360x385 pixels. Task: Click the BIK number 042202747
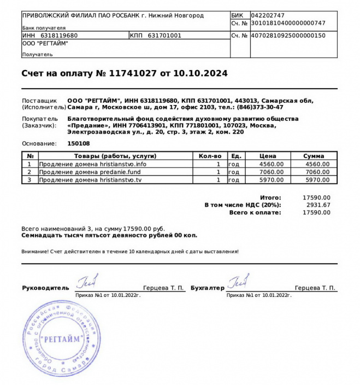click(x=268, y=15)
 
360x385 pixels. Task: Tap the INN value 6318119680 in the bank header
click(x=59, y=36)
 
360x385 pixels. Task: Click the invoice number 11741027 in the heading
click(x=133, y=73)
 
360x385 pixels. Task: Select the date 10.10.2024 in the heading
click(x=200, y=73)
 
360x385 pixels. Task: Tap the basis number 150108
click(x=78, y=143)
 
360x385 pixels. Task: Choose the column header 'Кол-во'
click(x=210, y=156)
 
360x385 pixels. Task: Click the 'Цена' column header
click(x=272, y=156)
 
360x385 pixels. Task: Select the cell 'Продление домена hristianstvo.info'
click(x=93, y=164)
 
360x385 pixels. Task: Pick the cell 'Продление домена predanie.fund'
click(x=90, y=172)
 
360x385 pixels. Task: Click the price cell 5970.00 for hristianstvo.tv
click(x=272, y=179)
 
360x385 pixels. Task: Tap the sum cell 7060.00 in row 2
click(x=317, y=172)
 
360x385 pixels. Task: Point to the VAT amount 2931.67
click(x=319, y=205)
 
